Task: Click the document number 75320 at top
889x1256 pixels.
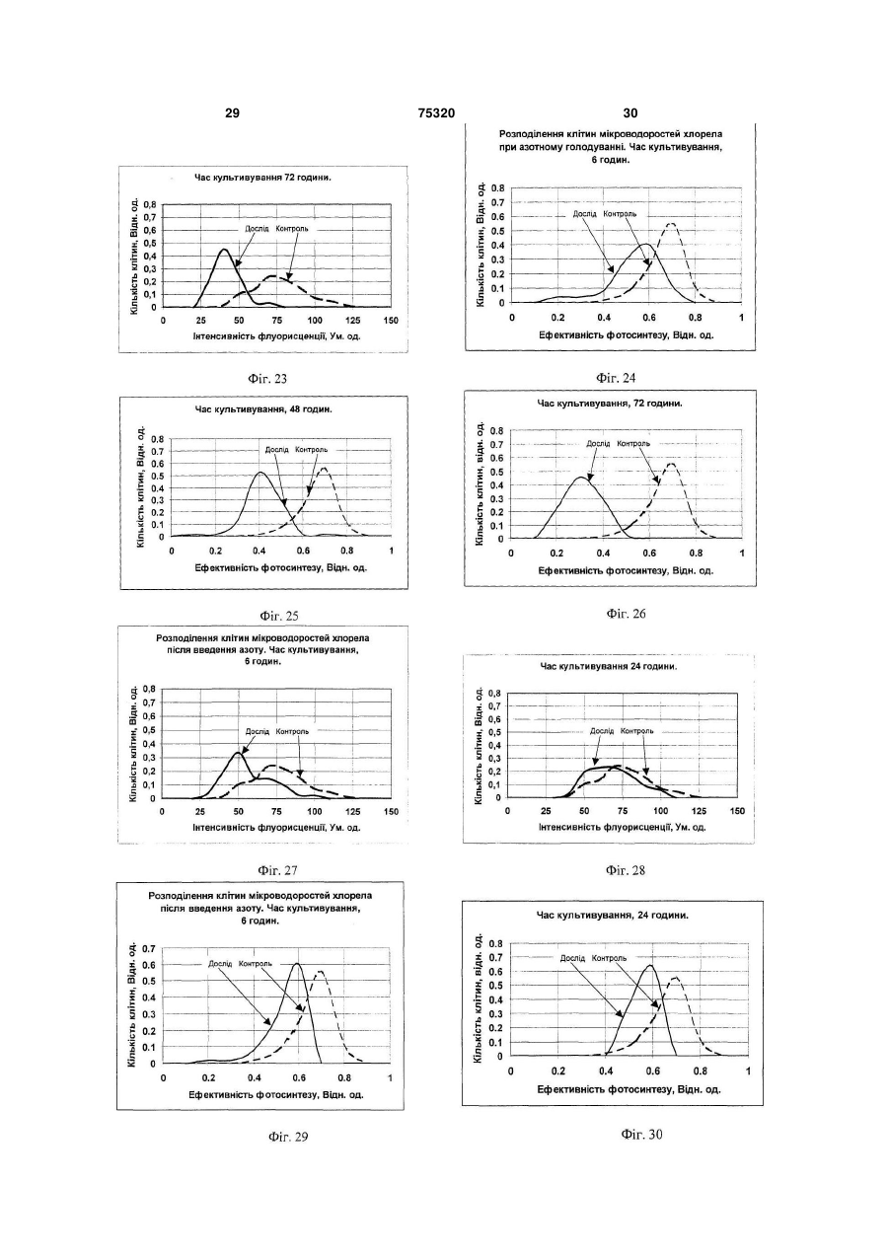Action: coord(436,113)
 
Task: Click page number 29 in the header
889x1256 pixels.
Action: coord(232,113)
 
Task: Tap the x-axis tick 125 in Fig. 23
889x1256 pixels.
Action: coord(353,321)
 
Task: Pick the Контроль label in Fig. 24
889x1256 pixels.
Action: coord(620,214)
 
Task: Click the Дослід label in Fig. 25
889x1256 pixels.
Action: coord(276,450)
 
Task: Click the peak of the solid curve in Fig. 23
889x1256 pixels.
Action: coord(224,249)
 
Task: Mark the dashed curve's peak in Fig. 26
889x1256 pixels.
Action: coord(671,464)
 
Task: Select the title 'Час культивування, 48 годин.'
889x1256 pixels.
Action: coord(263,409)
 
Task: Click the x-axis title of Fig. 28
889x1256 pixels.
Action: coord(622,827)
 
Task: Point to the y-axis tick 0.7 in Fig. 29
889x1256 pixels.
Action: coord(149,948)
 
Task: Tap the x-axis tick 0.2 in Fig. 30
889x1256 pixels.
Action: coord(558,1071)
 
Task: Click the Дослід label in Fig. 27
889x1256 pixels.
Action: coord(258,731)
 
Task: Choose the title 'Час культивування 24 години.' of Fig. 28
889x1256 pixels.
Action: coord(609,667)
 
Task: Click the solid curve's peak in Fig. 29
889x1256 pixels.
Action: coord(297,964)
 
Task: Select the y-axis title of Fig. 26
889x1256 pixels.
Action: coord(480,483)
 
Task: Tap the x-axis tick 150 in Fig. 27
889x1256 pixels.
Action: coord(391,811)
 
